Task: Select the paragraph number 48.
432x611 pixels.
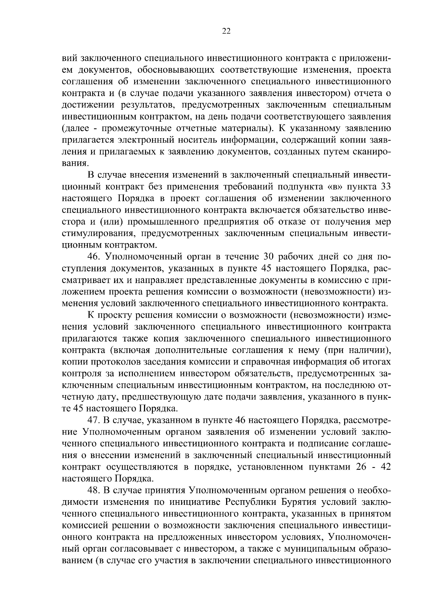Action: [95, 490]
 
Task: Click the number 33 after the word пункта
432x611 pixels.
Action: [386, 187]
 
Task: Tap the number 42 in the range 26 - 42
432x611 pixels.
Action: [386, 467]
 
